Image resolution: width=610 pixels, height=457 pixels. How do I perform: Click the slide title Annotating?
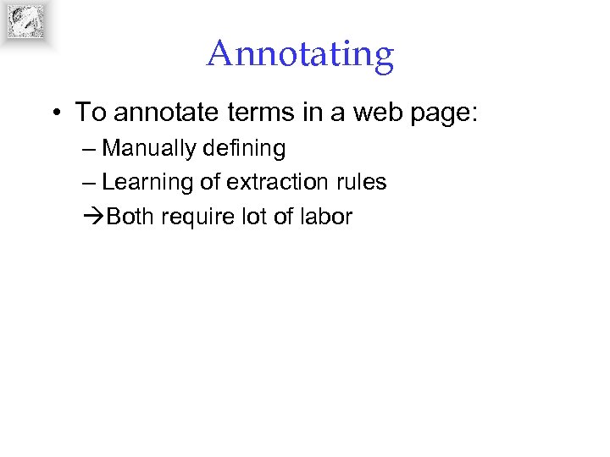click(x=300, y=54)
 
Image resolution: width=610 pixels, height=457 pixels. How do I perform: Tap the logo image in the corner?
click(x=25, y=21)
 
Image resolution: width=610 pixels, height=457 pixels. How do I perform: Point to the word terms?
click(x=240, y=113)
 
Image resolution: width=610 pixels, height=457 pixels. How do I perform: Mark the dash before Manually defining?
click(x=90, y=150)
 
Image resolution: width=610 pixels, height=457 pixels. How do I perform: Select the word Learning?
click(x=147, y=183)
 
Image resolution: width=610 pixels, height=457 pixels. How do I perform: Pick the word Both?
click(x=130, y=217)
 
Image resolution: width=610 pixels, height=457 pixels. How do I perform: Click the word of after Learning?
click(x=210, y=182)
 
